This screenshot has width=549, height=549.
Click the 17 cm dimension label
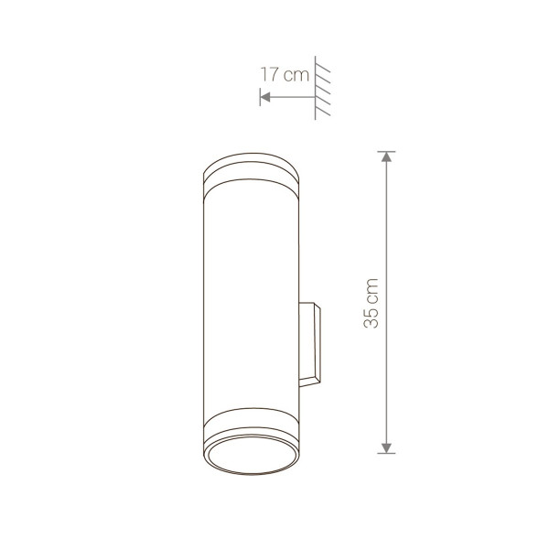coord(285,75)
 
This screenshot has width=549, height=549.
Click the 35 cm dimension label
coord(371,303)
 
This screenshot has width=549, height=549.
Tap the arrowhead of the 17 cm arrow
coord(265,97)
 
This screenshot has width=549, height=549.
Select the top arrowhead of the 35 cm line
coord(386,156)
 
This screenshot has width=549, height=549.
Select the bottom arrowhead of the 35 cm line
coord(386,448)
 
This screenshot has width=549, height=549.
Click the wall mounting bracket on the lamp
coord(310,345)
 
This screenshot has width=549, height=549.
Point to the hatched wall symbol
coord(322,88)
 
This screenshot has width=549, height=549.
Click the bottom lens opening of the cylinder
coord(251,455)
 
